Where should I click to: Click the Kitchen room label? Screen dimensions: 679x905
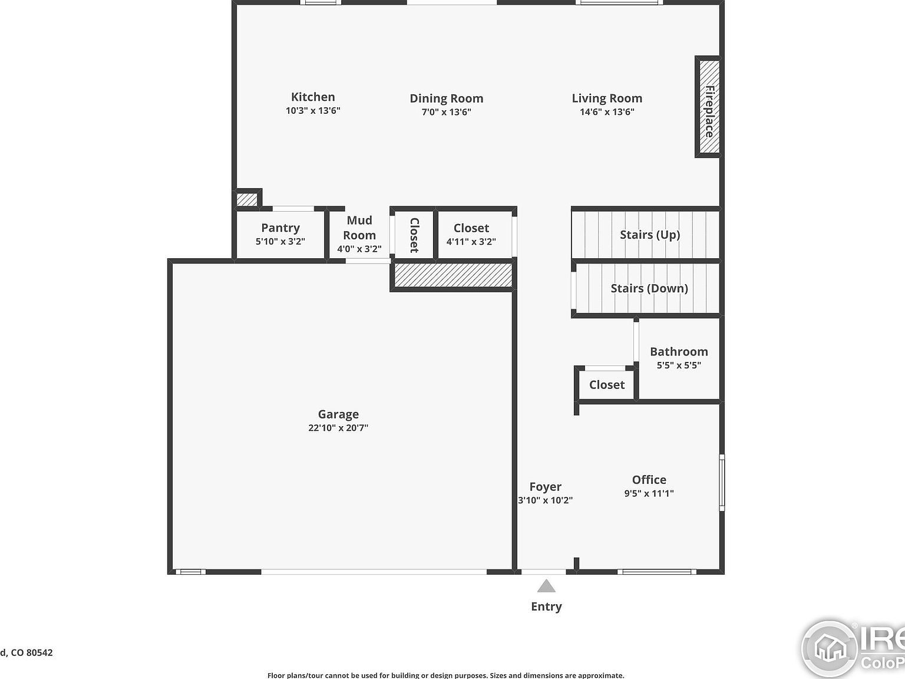coord(313,97)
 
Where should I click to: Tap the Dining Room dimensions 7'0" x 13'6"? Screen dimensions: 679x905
coord(446,112)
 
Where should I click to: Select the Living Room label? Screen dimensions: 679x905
coord(607,98)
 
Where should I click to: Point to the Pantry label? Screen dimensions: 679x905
coord(280,228)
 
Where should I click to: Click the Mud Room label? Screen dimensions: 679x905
coord(359,228)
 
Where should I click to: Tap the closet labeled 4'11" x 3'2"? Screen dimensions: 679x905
coord(471,234)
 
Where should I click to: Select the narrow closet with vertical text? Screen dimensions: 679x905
coord(414,235)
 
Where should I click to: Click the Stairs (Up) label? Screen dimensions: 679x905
coord(649,235)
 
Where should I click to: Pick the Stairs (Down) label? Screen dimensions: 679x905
coord(649,288)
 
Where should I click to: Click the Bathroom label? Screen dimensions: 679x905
coord(679,352)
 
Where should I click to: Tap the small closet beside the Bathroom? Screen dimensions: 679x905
coord(606,385)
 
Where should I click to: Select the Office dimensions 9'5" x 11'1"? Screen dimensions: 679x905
coord(649,493)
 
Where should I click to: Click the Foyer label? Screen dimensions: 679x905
coord(545,487)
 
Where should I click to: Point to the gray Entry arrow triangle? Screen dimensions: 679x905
coord(546,586)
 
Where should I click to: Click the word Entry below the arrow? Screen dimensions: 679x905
coord(546,607)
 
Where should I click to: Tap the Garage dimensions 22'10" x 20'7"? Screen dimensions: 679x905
coord(338,428)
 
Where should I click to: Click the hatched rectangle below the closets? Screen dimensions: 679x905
coord(452,275)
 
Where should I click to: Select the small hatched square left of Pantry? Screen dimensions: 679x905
coord(247,200)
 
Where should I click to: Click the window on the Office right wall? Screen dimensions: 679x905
coord(722,482)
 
